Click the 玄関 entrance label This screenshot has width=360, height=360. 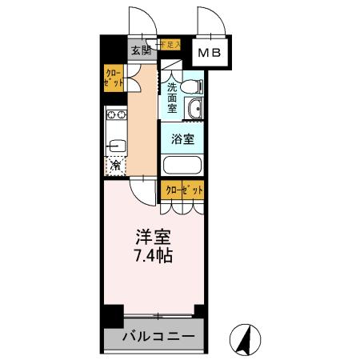click(x=141, y=50)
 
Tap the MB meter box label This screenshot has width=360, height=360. click(x=212, y=54)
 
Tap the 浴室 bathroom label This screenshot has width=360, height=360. click(x=182, y=138)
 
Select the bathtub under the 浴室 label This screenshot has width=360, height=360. click(x=182, y=166)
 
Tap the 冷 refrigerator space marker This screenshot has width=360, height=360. click(x=116, y=166)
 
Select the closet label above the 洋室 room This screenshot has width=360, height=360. click(x=183, y=190)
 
